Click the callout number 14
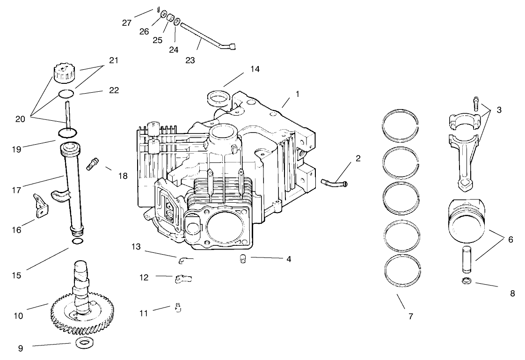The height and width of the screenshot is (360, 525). [x=255, y=69]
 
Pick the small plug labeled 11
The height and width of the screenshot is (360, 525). [x=178, y=309]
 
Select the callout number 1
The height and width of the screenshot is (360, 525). [x=297, y=94]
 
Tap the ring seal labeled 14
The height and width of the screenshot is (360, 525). [x=219, y=99]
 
